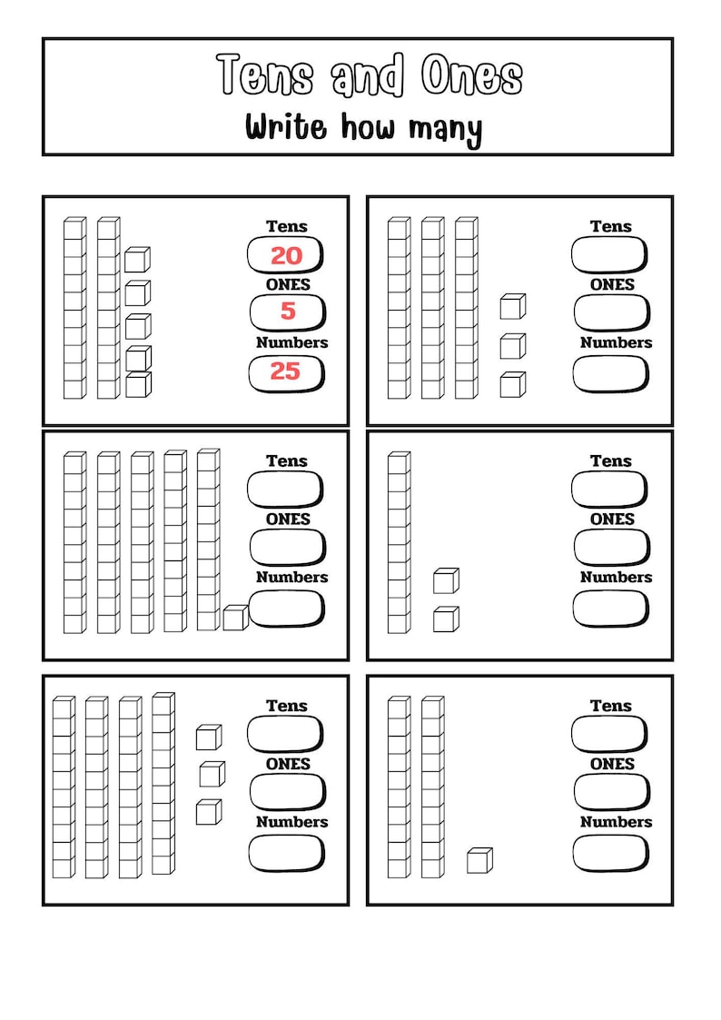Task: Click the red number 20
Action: (286, 256)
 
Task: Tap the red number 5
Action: (288, 312)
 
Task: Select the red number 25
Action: (285, 371)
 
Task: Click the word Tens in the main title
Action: (265, 75)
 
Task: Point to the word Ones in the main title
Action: (471, 75)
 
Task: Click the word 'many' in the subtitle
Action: (445, 129)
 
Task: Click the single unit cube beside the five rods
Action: (235, 618)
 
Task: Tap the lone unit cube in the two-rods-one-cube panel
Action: (479, 860)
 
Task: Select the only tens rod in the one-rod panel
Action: (399, 542)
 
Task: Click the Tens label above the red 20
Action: (287, 226)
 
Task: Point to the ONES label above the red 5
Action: (288, 284)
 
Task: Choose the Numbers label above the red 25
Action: (291, 342)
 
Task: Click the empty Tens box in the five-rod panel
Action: (285, 490)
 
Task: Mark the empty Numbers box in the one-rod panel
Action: (610, 608)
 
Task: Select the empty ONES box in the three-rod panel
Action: (610, 312)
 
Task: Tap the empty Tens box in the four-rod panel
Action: (285, 734)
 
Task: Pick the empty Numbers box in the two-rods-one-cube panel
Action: (610, 852)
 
